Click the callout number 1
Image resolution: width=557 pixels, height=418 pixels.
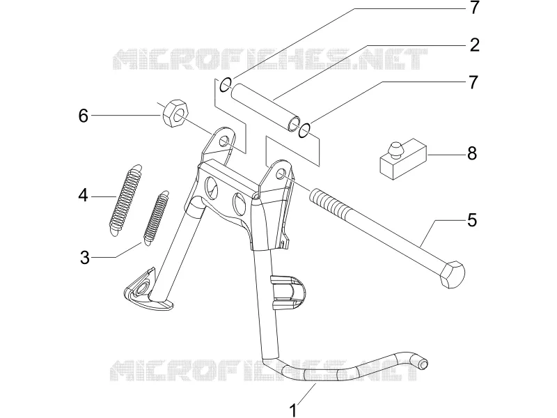click(293, 410)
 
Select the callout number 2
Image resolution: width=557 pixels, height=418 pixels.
click(474, 45)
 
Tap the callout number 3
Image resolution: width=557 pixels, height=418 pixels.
click(84, 257)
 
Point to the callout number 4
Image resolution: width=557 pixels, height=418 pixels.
click(83, 196)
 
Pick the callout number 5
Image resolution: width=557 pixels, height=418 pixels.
click(472, 220)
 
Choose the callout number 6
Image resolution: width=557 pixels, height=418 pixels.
click(83, 116)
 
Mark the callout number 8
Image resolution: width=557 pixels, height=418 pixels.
click(472, 153)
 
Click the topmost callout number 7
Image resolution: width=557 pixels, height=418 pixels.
click(474, 8)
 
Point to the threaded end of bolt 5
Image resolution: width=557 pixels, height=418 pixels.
click(327, 204)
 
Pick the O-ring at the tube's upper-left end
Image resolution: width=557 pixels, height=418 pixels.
click(225, 84)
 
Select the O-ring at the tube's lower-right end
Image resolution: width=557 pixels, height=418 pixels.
click(305, 130)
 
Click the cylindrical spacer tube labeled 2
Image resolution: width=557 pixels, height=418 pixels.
click(265, 107)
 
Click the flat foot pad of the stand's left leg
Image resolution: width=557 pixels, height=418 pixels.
click(148, 290)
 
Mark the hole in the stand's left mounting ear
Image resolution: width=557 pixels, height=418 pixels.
click(223, 142)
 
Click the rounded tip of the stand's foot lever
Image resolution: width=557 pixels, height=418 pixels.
click(423, 364)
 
